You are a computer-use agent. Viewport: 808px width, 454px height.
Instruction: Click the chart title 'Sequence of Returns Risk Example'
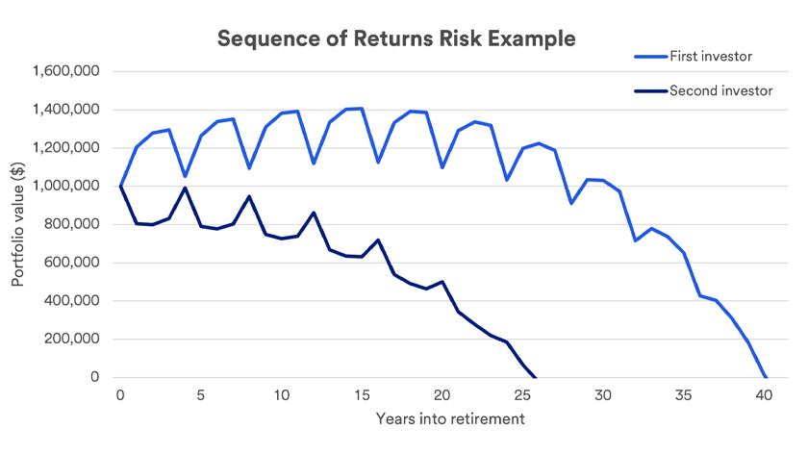(395, 39)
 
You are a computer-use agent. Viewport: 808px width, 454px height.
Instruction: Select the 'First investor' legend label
(711, 57)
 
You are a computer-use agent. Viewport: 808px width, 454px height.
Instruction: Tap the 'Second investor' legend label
(719, 91)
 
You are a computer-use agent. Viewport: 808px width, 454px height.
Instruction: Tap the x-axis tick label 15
(362, 395)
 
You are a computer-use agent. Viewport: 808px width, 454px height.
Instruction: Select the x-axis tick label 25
(522, 395)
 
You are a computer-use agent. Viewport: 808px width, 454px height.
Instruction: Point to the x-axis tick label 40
(765, 395)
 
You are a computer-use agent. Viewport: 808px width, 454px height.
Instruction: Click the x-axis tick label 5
(201, 395)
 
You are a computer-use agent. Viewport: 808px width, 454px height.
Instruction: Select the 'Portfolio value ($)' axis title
(18, 223)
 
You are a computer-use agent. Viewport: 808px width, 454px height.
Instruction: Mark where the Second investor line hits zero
(536, 377)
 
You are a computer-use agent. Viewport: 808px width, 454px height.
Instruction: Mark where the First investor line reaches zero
(765, 377)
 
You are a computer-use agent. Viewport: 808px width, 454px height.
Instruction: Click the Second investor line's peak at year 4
(185, 188)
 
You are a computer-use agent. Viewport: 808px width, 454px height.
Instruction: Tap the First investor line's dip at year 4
(185, 177)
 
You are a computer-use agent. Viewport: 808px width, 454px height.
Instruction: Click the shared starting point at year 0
(120, 186)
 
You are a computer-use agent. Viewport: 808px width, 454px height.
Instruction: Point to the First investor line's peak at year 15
(362, 108)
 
